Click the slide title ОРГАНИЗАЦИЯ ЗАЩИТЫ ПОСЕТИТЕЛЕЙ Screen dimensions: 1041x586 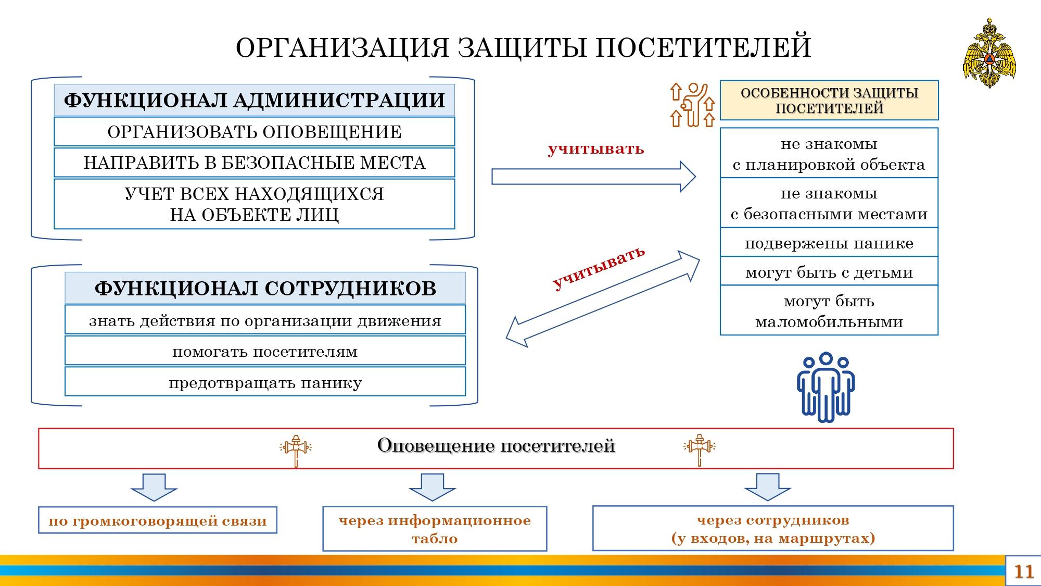pyautogui.click(x=523, y=47)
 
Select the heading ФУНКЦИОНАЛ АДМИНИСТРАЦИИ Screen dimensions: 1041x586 pyautogui.click(x=254, y=100)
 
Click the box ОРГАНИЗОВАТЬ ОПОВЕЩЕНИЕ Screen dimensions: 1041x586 pyautogui.click(x=254, y=131)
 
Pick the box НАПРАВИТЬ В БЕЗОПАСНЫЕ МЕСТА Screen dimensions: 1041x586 pyautogui.click(x=254, y=163)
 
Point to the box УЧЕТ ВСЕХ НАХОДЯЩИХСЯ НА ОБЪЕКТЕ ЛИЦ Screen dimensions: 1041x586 pyautogui.click(x=254, y=204)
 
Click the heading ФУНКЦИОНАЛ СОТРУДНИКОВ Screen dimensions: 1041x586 pyautogui.click(x=265, y=288)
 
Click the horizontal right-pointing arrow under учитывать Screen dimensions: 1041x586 pyautogui.click(x=593, y=177)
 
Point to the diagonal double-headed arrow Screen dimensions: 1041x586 pyautogui.click(x=603, y=299)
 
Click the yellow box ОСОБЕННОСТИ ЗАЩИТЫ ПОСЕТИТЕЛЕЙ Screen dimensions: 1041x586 pyautogui.click(x=829, y=101)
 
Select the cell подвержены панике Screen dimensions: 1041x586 pyautogui.click(x=829, y=243)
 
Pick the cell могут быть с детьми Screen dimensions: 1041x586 pyautogui.click(x=829, y=271)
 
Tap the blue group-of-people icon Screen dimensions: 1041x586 pyautogui.click(x=826, y=386)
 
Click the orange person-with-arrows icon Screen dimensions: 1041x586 pyautogui.click(x=692, y=105)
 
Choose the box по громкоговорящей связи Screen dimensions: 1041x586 pyautogui.click(x=158, y=520)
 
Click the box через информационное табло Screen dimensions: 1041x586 pyautogui.click(x=435, y=528)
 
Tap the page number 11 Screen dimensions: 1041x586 pyautogui.click(x=1023, y=571)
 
